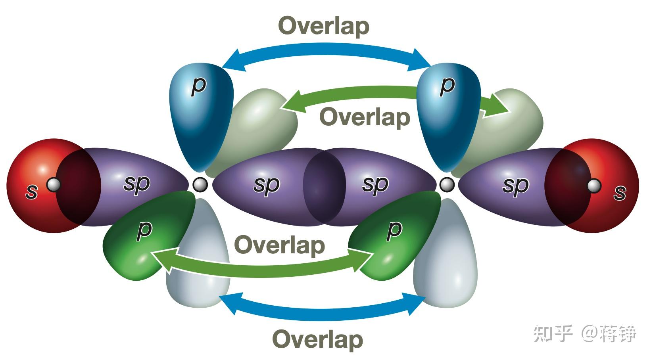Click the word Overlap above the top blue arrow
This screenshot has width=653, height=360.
[324, 26]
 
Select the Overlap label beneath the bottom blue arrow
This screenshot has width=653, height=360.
[318, 340]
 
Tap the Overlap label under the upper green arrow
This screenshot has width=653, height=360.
[365, 117]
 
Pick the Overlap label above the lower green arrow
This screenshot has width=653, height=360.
[280, 245]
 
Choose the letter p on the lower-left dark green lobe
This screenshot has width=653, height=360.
[144, 231]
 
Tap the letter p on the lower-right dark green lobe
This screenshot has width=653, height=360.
[394, 231]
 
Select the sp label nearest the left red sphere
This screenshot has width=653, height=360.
[137, 185]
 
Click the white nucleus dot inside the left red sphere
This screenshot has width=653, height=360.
[54, 185]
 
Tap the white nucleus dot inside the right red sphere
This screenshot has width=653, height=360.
[594, 186]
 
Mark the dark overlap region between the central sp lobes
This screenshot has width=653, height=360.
[325, 187]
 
